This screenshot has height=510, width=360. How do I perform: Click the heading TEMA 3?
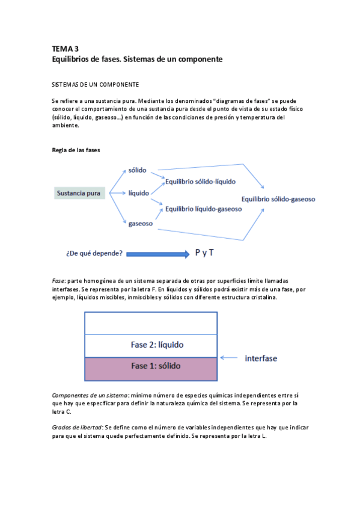click(66, 49)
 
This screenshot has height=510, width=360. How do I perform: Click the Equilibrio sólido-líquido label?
click(200, 181)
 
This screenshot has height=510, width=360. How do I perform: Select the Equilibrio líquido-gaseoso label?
click(203, 209)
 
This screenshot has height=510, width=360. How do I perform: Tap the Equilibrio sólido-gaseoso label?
click(278, 199)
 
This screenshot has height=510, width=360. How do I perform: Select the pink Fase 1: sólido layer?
click(151, 368)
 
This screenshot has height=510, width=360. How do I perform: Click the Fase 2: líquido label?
click(157, 345)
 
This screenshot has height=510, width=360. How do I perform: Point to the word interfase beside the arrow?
click(261, 358)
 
